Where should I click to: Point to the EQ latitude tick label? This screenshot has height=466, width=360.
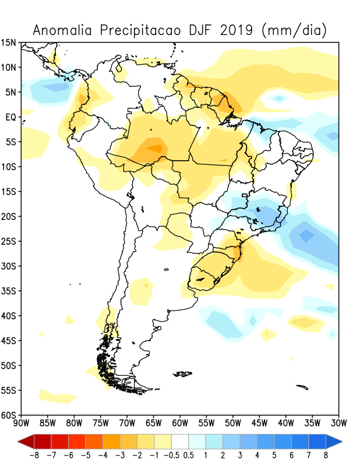(11, 117)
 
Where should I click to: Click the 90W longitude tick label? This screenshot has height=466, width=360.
(21, 422)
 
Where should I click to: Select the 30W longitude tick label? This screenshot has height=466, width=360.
(338, 422)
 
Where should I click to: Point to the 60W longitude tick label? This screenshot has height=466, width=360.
(180, 422)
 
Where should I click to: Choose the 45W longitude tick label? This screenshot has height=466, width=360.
(259, 422)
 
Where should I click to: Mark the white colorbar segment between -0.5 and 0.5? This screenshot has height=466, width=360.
(180, 441)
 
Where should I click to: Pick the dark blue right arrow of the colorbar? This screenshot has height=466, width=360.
(334, 441)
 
